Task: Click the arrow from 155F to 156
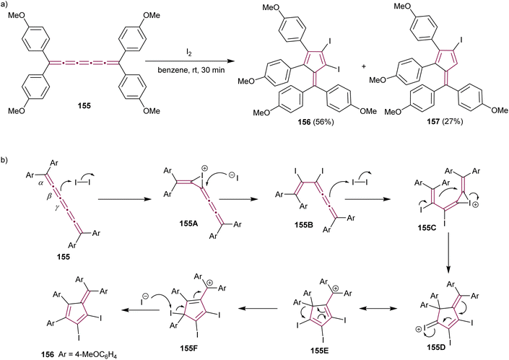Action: click(x=118, y=311)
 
